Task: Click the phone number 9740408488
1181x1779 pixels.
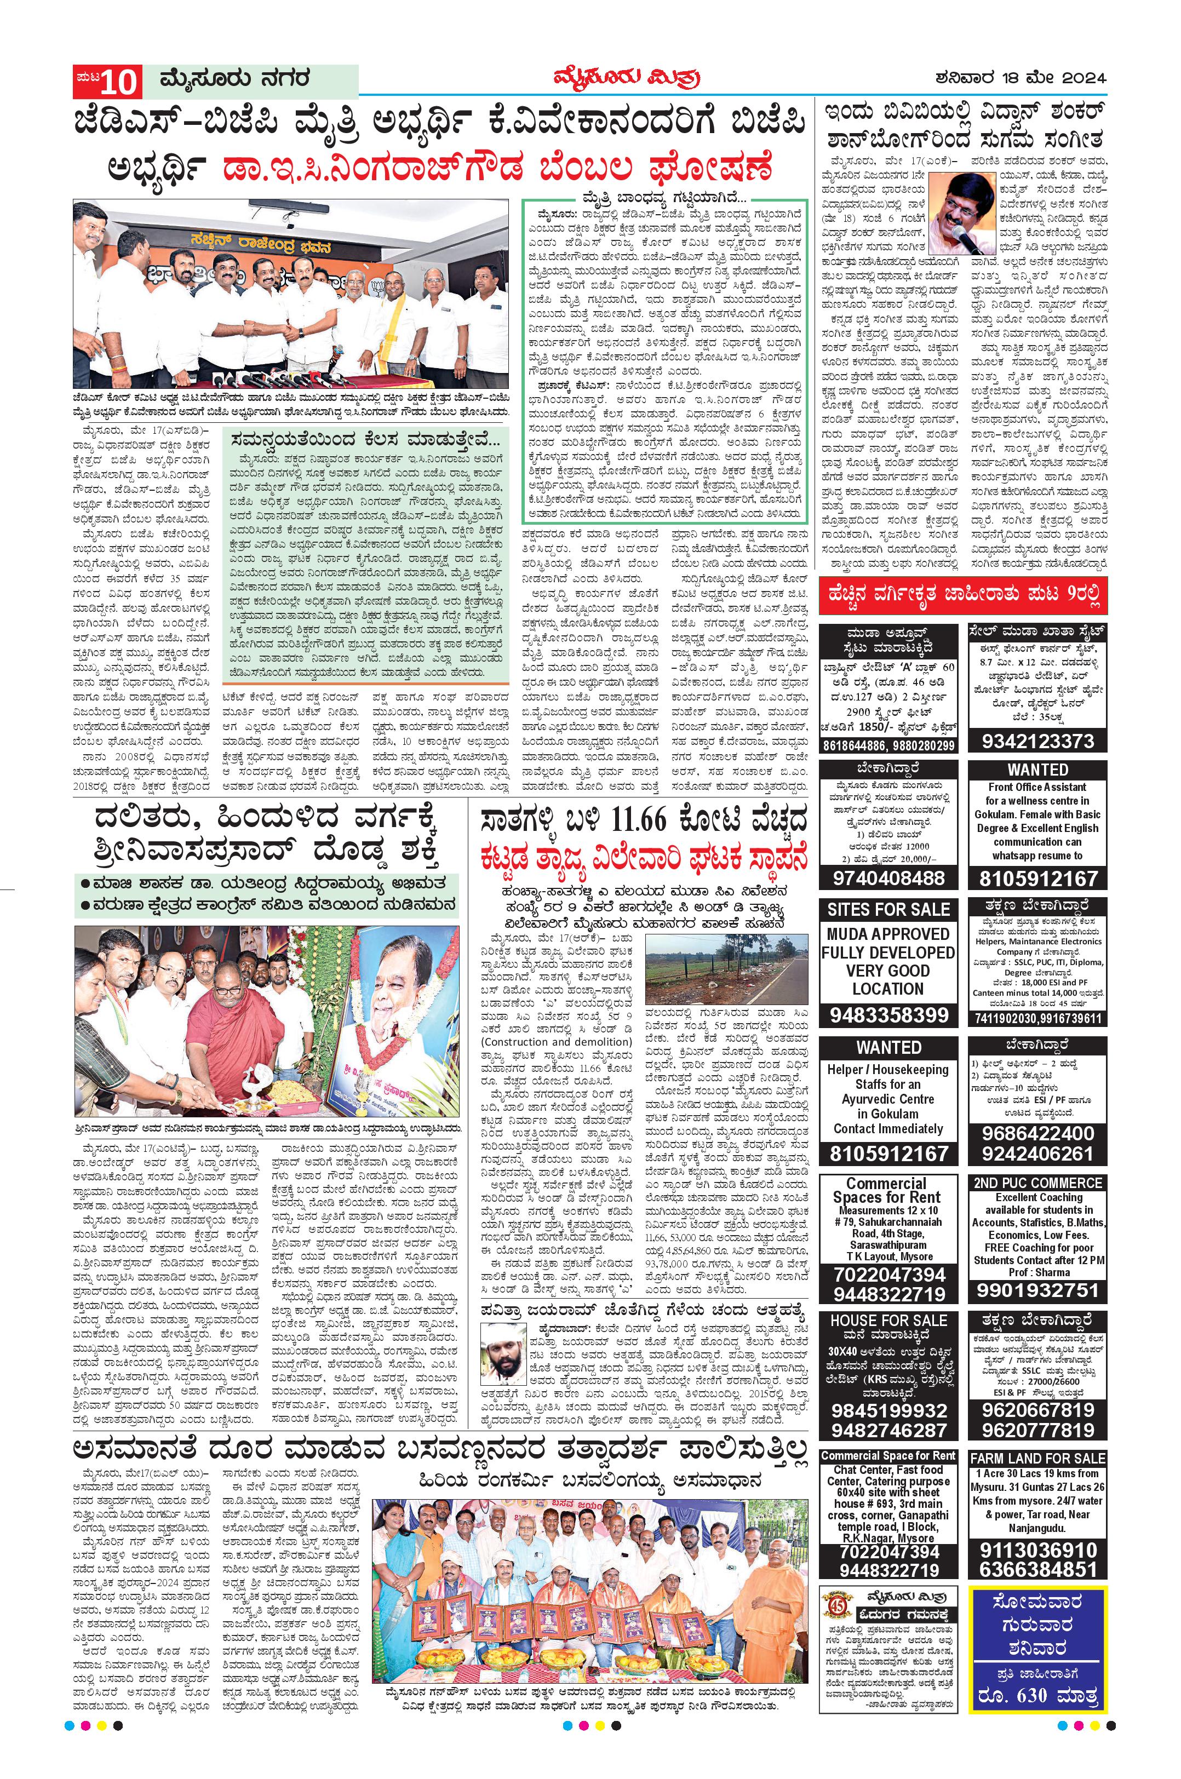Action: tap(888, 877)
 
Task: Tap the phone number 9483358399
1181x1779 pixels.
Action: tap(888, 1014)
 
